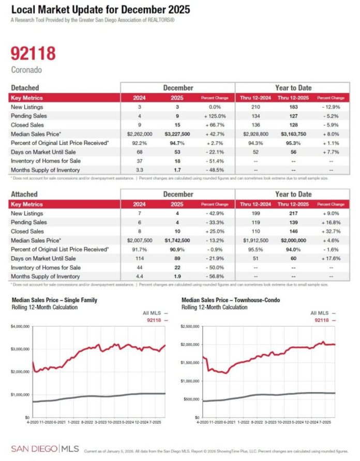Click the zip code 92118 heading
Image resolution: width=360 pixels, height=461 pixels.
pos(33,54)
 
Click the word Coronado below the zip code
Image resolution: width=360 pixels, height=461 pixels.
pos(26,69)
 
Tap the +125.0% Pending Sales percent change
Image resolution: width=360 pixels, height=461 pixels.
pos(214,116)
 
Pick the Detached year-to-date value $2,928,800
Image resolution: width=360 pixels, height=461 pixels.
pos(253,133)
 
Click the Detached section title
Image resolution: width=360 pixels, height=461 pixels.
pos(25,88)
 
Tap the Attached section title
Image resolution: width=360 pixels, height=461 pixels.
pos(24,195)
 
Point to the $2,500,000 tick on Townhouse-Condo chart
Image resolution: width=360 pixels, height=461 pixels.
pos(191,326)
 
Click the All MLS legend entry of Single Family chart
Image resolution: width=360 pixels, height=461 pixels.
pos(154,313)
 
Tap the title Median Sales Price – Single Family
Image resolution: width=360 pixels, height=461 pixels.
pos(54,300)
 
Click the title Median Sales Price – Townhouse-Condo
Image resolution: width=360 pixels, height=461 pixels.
pos(227,300)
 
